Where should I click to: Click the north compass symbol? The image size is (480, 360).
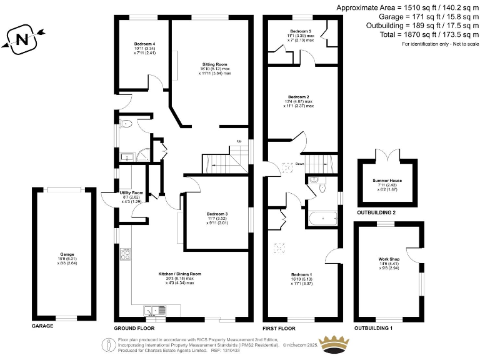[22, 39]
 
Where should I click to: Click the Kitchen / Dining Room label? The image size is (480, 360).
[180, 274]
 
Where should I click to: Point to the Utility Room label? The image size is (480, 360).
[131, 192]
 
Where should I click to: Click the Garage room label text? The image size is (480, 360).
[67, 254]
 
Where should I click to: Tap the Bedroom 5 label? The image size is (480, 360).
[301, 31]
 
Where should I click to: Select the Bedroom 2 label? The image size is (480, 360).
[298, 97]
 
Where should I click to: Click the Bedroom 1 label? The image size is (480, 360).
[301, 274]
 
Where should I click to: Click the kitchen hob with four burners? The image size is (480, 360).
[126, 254]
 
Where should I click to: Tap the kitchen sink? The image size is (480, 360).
[154, 309]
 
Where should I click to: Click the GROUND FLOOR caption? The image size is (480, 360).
[134, 327]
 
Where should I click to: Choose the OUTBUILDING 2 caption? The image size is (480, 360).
[376, 212]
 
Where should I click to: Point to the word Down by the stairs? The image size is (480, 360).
[308, 164]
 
